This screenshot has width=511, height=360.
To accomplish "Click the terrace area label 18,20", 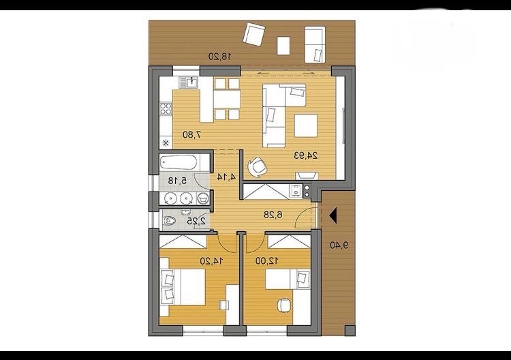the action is click(x=219, y=57).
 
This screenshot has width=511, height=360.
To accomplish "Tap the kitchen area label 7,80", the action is click(x=191, y=134).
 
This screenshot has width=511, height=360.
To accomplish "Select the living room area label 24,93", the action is click(x=306, y=155).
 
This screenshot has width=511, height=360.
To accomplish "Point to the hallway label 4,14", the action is click(x=226, y=177).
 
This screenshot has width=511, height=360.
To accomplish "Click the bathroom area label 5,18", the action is click(x=177, y=180).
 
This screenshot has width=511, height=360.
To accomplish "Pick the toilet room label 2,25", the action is click(x=196, y=221).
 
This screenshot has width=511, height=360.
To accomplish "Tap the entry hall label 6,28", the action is click(x=273, y=215).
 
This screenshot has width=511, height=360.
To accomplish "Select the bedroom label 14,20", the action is click(x=211, y=261).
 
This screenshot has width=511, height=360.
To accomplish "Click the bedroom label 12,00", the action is click(x=266, y=260).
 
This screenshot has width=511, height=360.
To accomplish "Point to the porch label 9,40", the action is click(x=339, y=245).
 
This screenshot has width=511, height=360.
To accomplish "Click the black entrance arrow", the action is click(x=333, y=216).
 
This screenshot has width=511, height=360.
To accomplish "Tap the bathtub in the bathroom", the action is click(x=179, y=162).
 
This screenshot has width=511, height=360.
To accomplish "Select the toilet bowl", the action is click(x=169, y=221).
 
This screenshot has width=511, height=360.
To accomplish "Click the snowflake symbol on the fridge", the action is click(x=166, y=142).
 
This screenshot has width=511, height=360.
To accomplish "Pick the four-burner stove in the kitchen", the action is click(x=166, y=108).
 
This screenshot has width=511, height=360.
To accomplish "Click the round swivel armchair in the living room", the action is click(x=258, y=166).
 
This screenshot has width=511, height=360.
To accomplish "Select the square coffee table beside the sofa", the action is click(x=306, y=125).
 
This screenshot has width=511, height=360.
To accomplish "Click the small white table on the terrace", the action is click(x=283, y=46).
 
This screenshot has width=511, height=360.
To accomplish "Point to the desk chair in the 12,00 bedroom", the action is click(x=284, y=305).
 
